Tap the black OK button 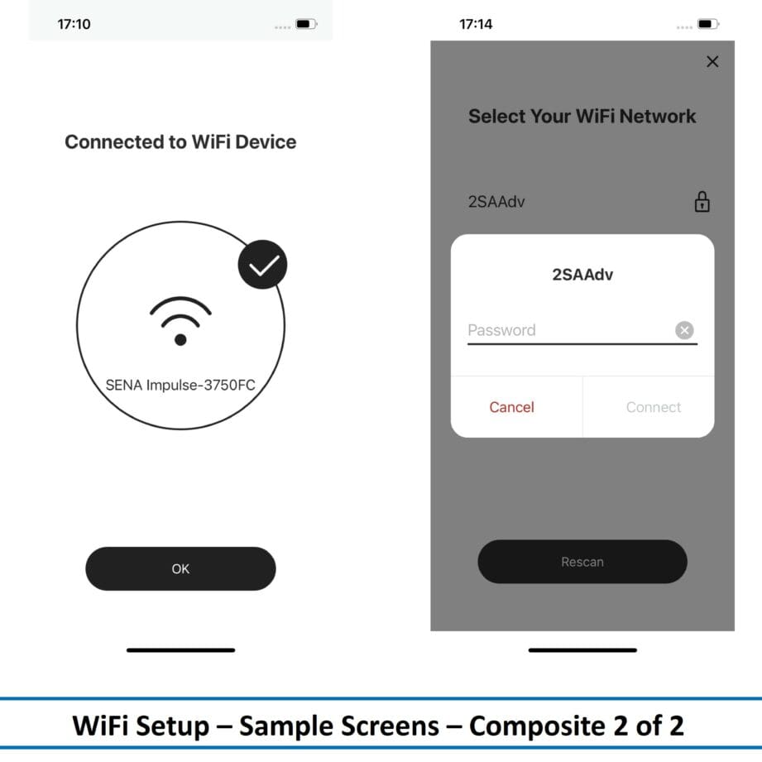(180, 568)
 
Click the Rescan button (582, 561)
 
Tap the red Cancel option (512, 407)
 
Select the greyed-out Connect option (653, 407)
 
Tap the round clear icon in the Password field (684, 330)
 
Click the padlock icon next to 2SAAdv (702, 201)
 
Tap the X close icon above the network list (712, 61)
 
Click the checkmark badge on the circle (262, 265)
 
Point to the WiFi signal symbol (180, 320)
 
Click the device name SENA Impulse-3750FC (180, 385)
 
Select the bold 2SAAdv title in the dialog (582, 275)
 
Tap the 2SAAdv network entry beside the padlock (496, 202)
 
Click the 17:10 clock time (74, 24)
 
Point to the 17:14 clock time (476, 24)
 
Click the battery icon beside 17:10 (306, 24)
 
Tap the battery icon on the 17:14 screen (708, 24)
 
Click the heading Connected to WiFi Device (180, 142)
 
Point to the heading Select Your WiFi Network (582, 116)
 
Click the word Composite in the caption (537, 726)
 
